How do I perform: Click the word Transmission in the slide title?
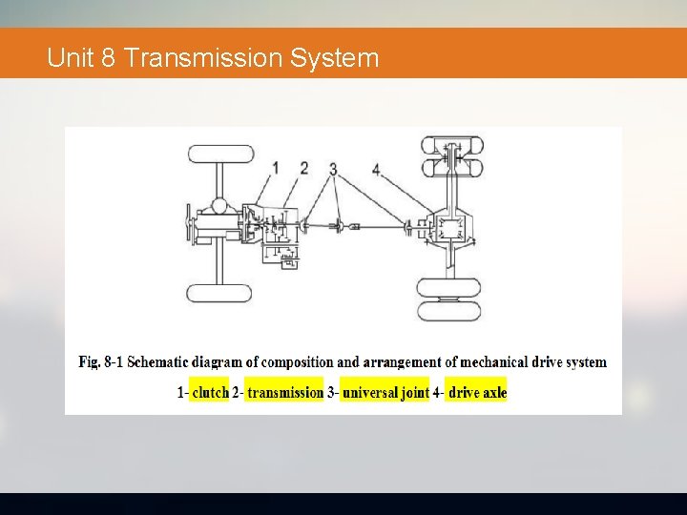(x=203, y=58)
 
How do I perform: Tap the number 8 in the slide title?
(x=108, y=58)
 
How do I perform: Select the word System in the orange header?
(x=334, y=58)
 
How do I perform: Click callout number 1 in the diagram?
(x=275, y=169)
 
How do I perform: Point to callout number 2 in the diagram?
(x=303, y=169)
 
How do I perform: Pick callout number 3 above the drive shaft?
(x=333, y=169)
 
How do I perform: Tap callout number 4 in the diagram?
(x=376, y=169)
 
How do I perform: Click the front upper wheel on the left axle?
(x=219, y=154)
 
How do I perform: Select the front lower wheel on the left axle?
(x=219, y=293)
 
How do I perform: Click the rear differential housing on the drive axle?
(x=450, y=229)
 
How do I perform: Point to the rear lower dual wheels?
(x=450, y=299)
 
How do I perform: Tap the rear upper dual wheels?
(x=452, y=156)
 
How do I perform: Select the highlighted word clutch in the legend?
(x=210, y=392)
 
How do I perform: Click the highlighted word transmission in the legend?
(x=284, y=392)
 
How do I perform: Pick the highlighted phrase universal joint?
(x=385, y=392)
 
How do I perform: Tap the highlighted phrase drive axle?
(x=477, y=392)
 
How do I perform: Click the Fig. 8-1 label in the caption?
(x=101, y=362)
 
